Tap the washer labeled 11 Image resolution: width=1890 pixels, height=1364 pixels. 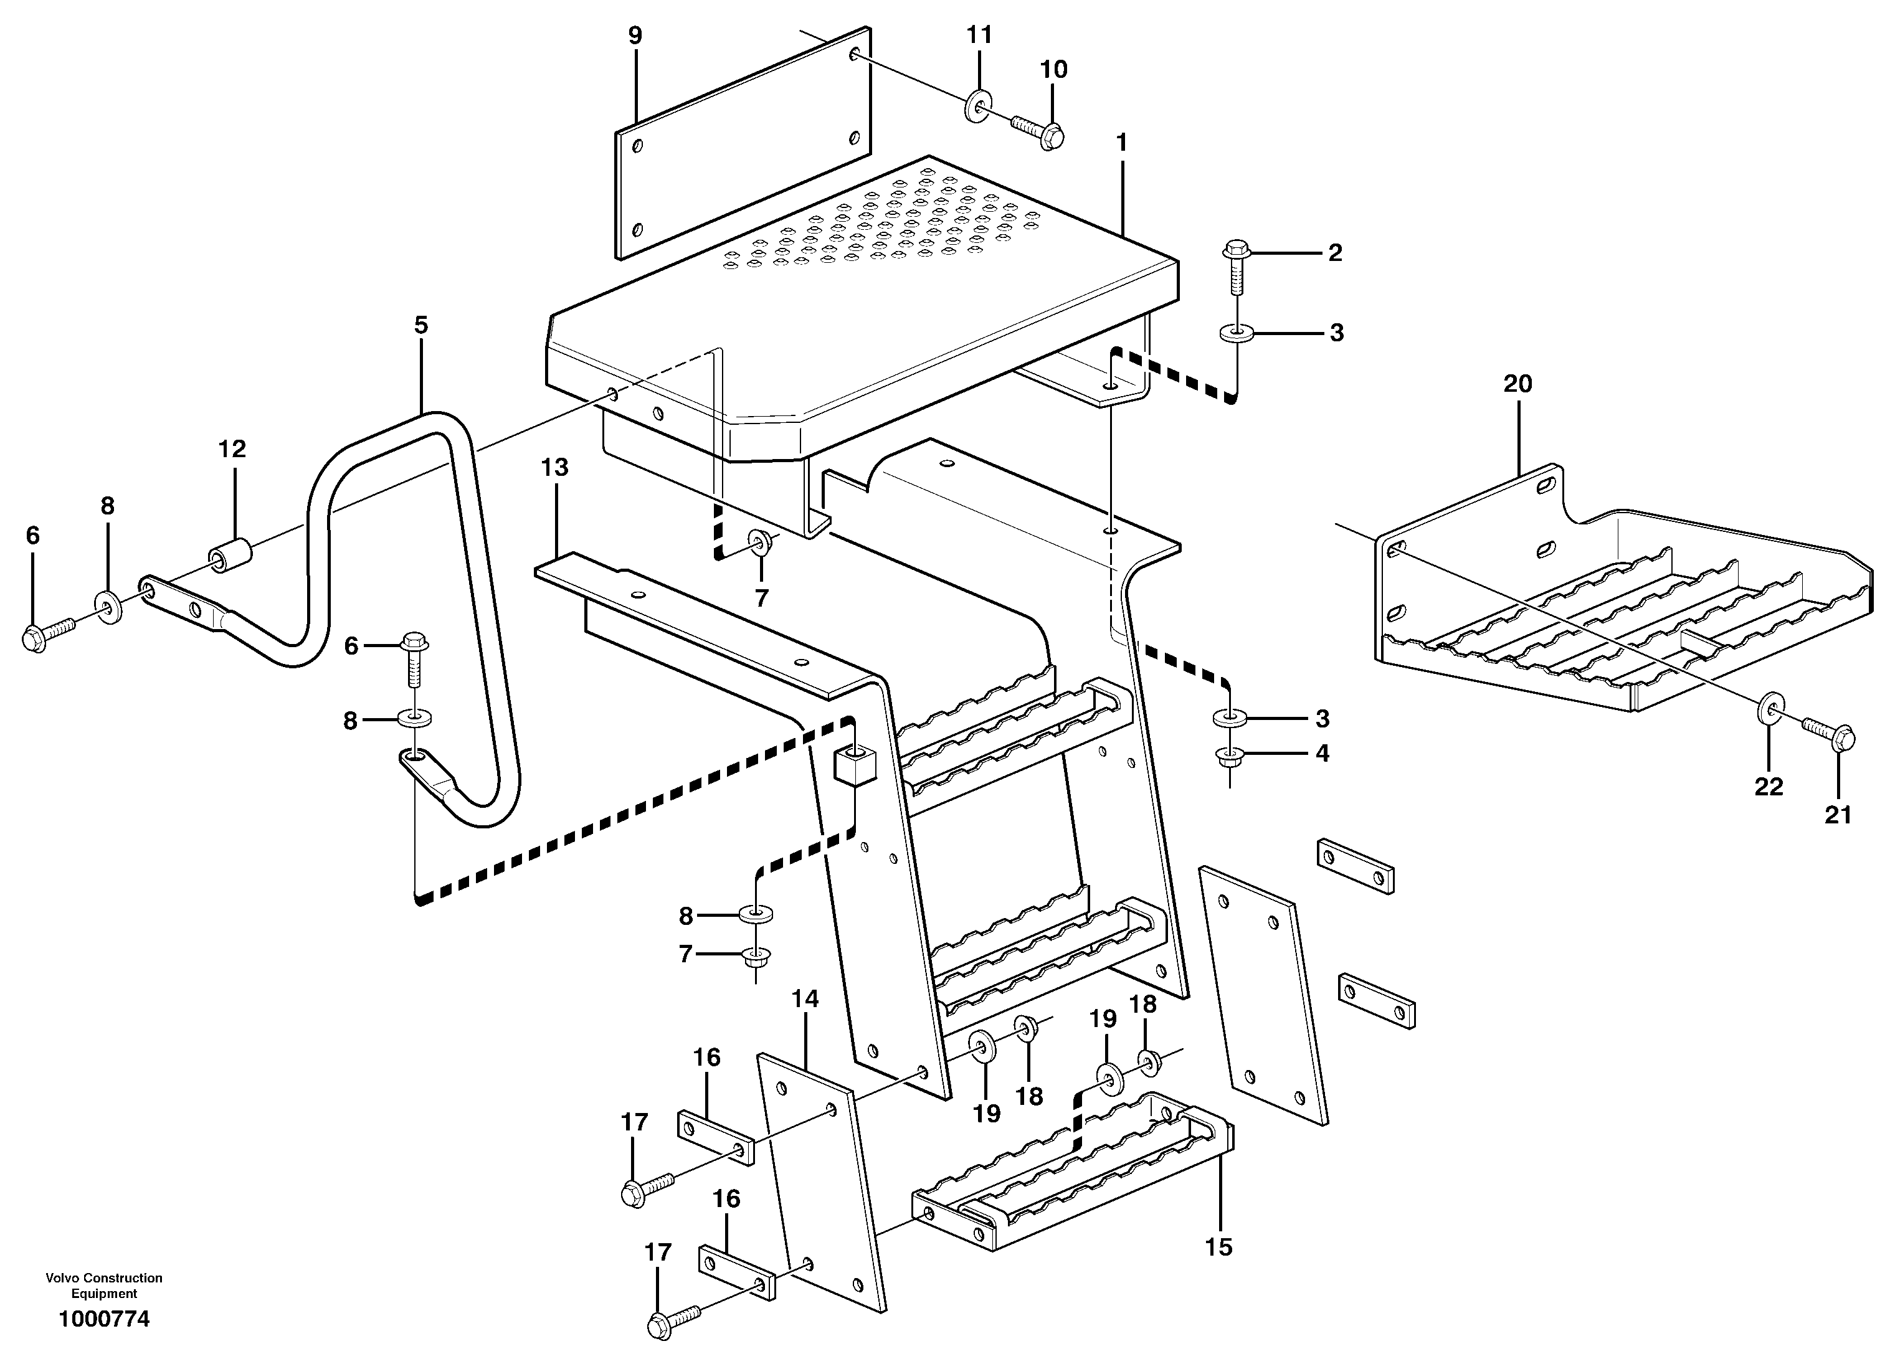979,106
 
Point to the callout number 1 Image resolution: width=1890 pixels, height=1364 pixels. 1122,143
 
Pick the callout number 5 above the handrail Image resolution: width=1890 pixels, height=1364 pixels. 421,325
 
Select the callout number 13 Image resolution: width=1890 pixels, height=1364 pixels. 554,468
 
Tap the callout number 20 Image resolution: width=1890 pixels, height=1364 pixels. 1517,384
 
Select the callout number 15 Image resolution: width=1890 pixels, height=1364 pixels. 1218,1248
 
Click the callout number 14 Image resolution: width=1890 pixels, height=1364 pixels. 805,999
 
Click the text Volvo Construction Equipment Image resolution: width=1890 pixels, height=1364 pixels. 104,1286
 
